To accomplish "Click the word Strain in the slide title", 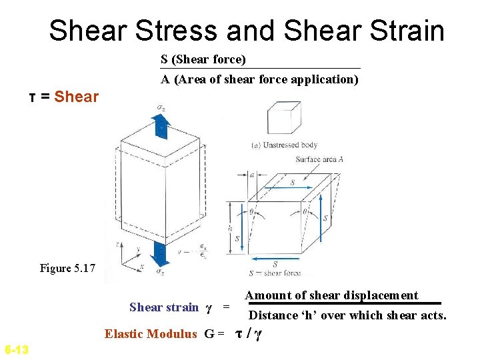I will (407, 31).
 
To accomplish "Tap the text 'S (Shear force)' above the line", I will (203, 60).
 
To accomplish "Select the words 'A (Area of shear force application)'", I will (259, 79).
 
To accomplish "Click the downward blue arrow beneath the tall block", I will (160, 254).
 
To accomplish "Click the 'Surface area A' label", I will (318, 159).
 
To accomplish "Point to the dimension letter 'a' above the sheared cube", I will (253, 175).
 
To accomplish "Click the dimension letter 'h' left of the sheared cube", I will (229, 227).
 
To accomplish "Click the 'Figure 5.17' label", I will (67, 268).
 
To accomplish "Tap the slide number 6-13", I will (16, 349).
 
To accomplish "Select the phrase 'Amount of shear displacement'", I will (331, 295).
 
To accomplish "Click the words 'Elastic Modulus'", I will (151, 334).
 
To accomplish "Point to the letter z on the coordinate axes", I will (117, 244).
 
